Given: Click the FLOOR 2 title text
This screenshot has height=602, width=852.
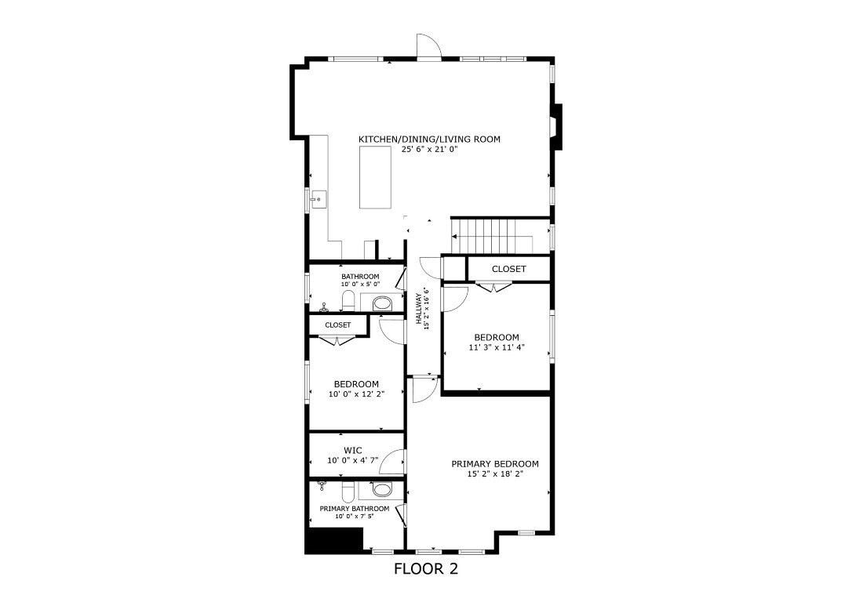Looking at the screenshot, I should pyautogui.click(x=425, y=569).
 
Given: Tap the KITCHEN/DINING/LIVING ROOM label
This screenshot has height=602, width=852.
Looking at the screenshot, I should pyautogui.click(x=429, y=140).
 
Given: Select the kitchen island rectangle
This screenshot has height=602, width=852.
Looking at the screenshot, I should pyautogui.click(x=375, y=177).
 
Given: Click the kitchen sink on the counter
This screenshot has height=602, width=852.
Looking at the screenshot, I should pyautogui.click(x=318, y=200).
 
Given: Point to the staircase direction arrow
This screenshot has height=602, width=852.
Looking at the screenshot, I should pyautogui.click(x=456, y=237).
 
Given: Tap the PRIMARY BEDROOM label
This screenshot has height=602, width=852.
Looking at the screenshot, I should pyautogui.click(x=495, y=464).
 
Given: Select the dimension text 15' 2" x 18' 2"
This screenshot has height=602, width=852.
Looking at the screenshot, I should pyautogui.click(x=495, y=474).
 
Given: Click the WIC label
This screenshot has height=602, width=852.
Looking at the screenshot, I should pyautogui.click(x=352, y=451).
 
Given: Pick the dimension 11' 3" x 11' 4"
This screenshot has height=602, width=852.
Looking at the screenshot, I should pyautogui.click(x=497, y=347).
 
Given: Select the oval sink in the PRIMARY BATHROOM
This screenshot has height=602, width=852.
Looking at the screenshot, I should pyautogui.click(x=382, y=491).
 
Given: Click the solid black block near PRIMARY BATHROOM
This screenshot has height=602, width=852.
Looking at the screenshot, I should pyautogui.click(x=333, y=541).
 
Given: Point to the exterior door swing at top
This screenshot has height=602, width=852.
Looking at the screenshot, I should pyautogui.click(x=429, y=47).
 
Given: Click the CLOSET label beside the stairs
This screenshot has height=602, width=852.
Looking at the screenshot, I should pyautogui.click(x=508, y=269).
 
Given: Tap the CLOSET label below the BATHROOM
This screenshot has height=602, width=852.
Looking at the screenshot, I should pyautogui.click(x=338, y=325).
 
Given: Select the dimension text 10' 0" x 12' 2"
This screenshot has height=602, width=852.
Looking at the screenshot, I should pyautogui.click(x=356, y=394).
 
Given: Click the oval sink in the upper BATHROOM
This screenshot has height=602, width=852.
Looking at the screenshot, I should pyautogui.click(x=382, y=303).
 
